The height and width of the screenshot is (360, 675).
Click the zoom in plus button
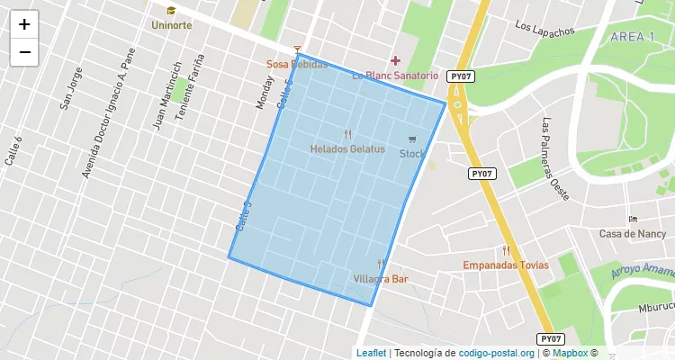(x=24, y=24)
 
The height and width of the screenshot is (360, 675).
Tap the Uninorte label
(x=171, y=25)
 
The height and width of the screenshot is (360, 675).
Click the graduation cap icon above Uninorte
(x=171, y=11)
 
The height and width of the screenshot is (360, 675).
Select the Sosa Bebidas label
(x=296, y=65)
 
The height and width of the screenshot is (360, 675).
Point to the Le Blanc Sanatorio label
(x=394, y=76)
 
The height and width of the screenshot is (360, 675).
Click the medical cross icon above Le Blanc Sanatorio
(x=394, y=60)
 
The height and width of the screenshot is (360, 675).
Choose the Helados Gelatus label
(x=347, y=149)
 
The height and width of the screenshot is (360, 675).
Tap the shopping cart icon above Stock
(x=412, y=139)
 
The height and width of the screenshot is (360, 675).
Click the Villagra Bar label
(x=381, y=279)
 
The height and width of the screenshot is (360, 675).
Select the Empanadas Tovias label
(x=505, y=265)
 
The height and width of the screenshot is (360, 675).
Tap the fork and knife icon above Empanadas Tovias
(x=506, y=251)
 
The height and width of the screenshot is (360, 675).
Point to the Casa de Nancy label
(x=632, y=234)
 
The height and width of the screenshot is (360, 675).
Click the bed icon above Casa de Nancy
(x=633, y=220)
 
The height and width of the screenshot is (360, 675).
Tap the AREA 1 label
(x=632, y=36)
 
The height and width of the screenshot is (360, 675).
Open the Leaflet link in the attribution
(x=371, y=354)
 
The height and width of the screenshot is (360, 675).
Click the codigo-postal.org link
(x=497, y=354)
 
